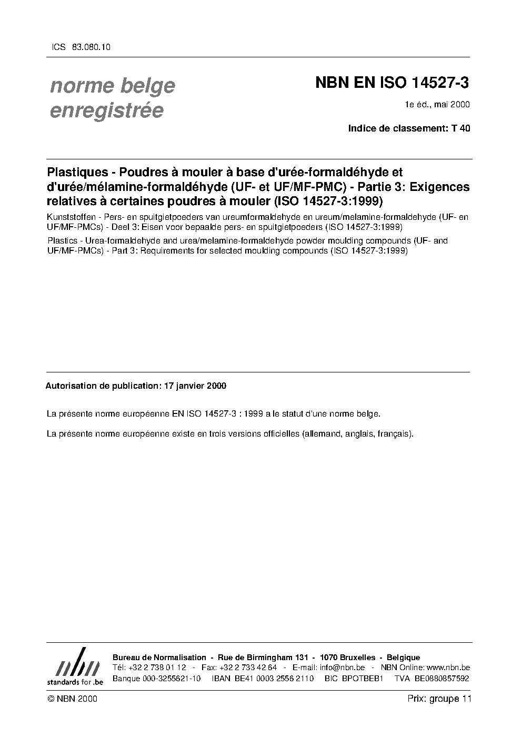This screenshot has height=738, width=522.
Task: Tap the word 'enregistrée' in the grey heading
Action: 106,111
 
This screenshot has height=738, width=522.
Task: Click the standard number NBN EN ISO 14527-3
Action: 391,83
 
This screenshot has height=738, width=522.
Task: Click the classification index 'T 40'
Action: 460,128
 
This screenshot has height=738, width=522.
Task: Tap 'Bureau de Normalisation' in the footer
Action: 159,658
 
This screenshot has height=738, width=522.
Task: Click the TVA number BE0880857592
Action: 441,678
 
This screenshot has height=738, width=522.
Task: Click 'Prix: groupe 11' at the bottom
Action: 439,699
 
